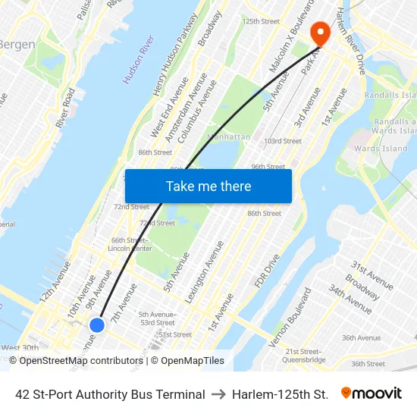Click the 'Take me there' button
tap(208, 186)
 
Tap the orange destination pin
tap(319, 33)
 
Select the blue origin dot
tap(97, 325)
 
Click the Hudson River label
tap(139, 58)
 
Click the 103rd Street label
tap(283, 141)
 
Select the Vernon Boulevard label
tap(290, 317)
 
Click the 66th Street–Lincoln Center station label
tap(130, 244)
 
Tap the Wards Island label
tap(381, 149)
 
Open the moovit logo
tap(371, 393)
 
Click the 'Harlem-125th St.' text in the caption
tap(280, 394)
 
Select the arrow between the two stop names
tap(218, 394)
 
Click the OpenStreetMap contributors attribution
tap(80, 361)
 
